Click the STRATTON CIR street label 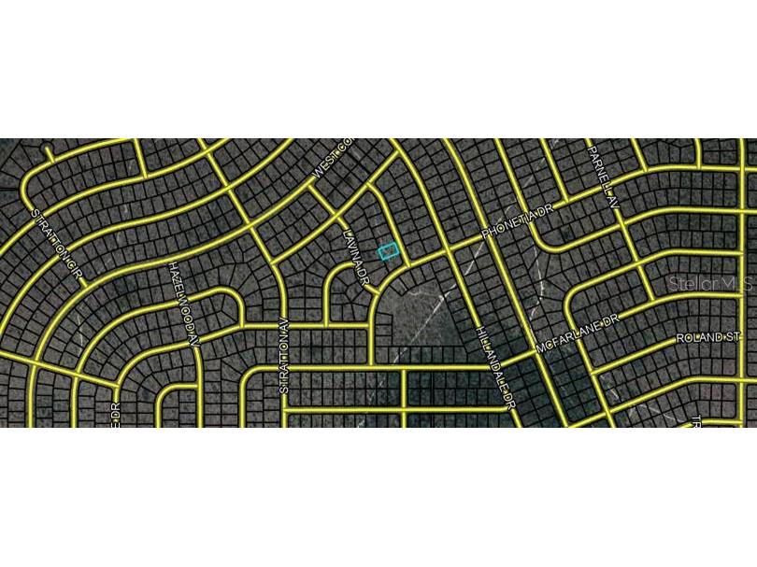click(58, 245)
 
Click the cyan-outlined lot click(388, 250)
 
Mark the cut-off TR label click(696, 420)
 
